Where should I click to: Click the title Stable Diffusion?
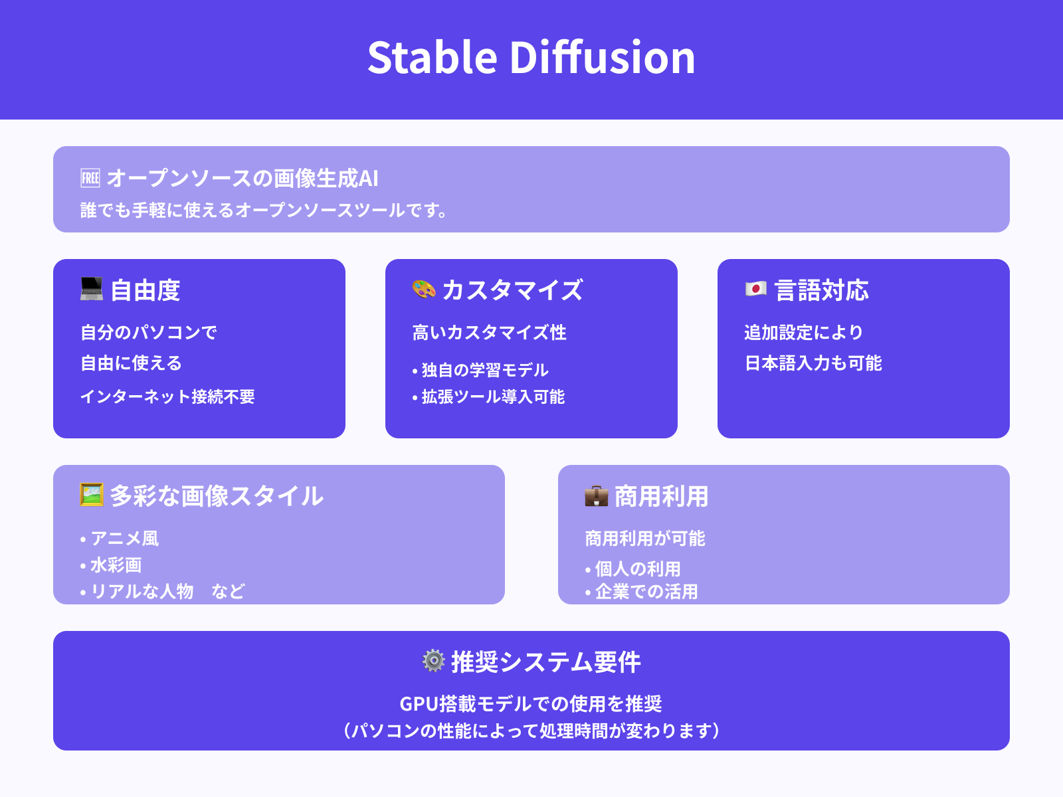pos(531,57)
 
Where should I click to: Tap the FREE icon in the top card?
pos(90,178)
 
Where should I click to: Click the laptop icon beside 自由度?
pos(92,289)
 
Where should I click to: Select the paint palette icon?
pos(424,289)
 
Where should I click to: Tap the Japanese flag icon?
pos(756,289)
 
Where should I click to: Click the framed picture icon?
pos(92,495)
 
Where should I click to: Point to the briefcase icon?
pos(597,495)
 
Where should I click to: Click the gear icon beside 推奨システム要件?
pos(433,661)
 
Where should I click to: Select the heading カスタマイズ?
pos(512,290)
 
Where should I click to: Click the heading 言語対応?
pos(822,290)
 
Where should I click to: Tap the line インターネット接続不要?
pos(167,397)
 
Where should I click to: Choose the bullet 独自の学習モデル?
pos(484,370)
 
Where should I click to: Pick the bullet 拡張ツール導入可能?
pos(492,397)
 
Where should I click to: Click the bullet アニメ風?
pos(124,538)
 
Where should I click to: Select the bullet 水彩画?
pos(116,565)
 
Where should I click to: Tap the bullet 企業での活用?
pos(646,591)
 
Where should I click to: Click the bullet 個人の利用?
pos(637,569)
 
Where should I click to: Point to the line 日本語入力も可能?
pos(813,363)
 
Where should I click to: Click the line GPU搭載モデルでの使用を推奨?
pos(531,703)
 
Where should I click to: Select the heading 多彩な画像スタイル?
pos(217,496)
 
